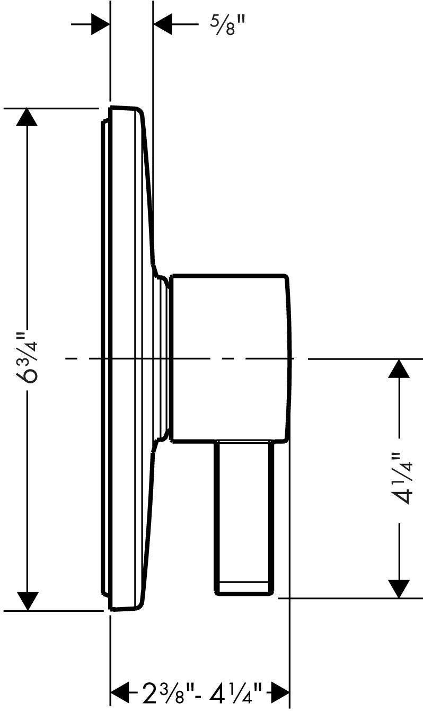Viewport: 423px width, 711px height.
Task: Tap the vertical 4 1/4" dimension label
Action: coord(400,477)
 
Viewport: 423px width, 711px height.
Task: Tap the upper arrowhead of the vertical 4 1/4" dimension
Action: coord(400,369)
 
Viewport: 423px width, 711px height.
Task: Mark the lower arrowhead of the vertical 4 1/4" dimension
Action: coord(400,587)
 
